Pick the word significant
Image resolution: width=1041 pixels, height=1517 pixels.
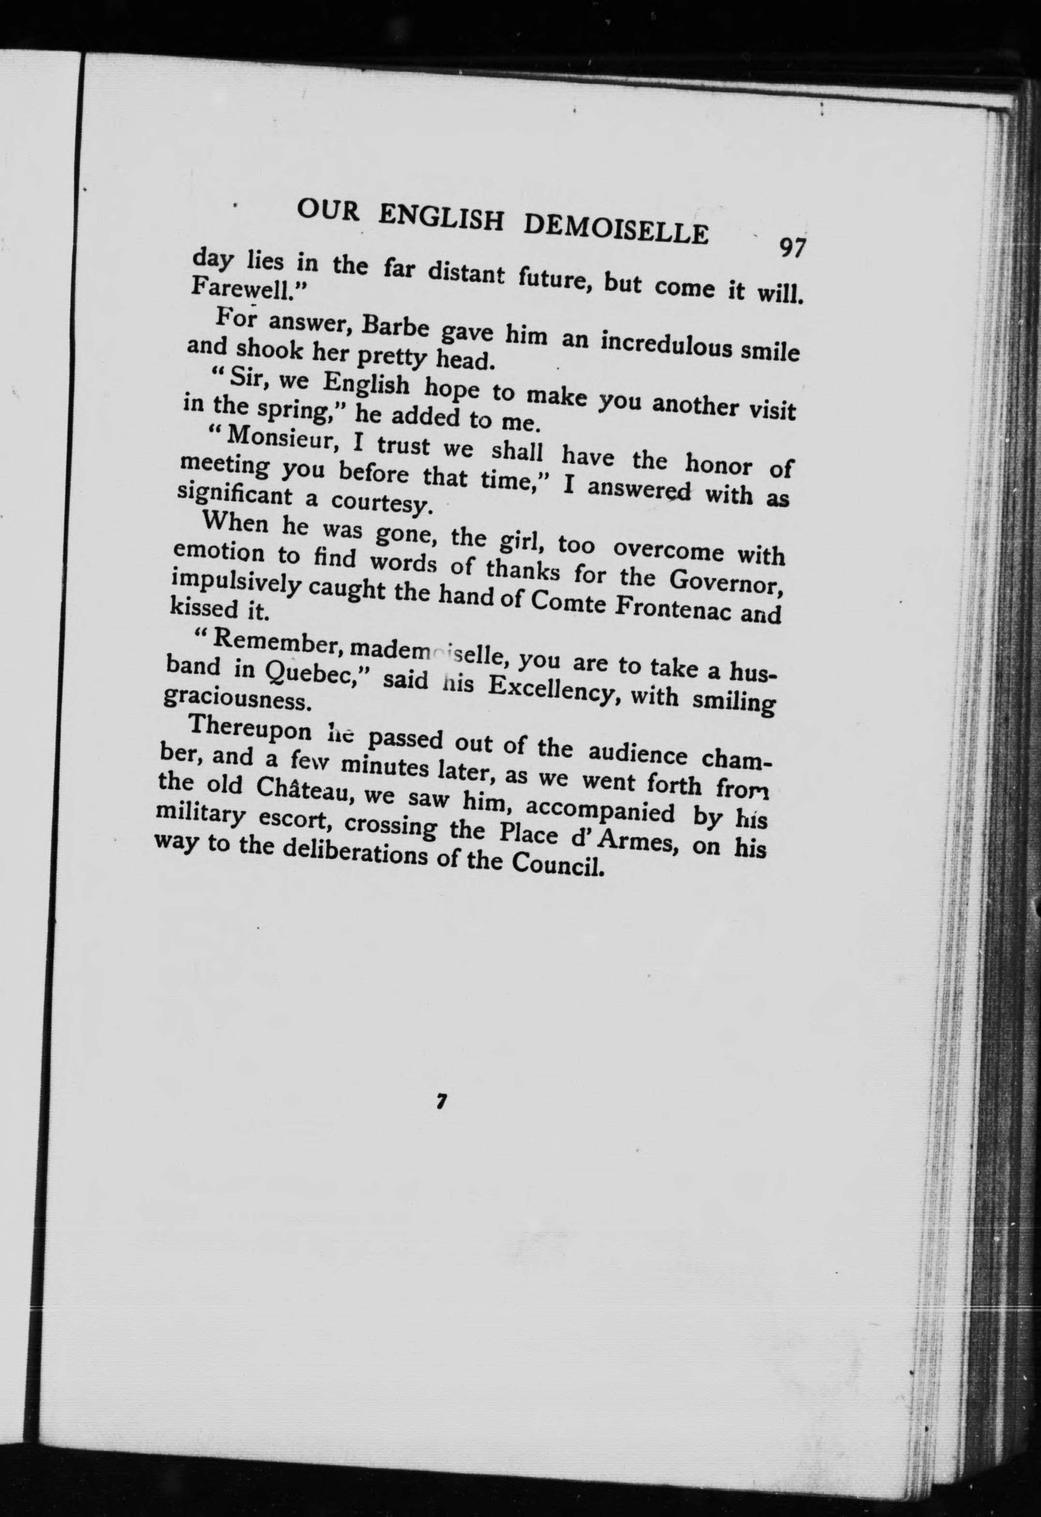point(234,493)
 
